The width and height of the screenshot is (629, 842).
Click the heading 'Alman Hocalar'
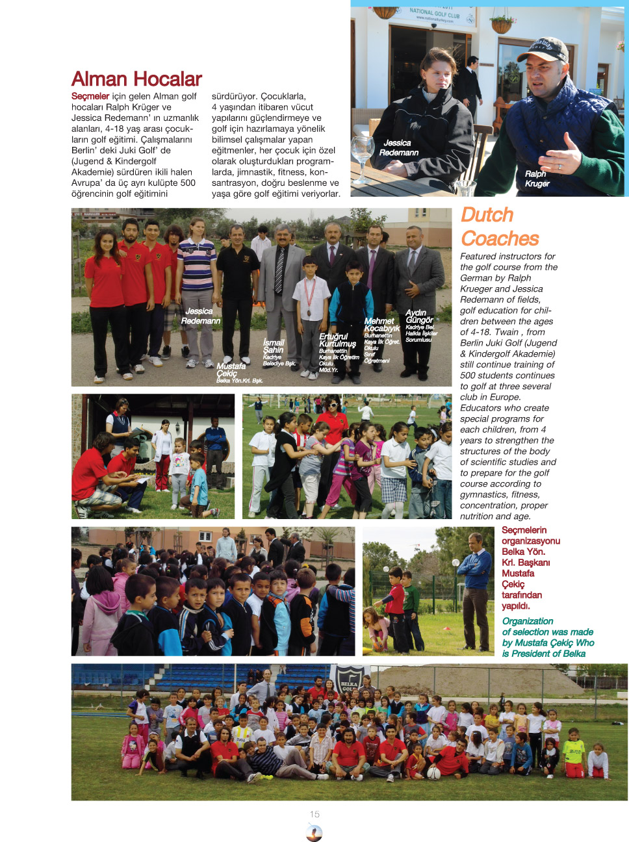[x=136, y=79]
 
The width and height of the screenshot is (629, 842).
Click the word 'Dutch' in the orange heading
[x=487, y=215]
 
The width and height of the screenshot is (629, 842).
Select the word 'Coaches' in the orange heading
[x=500, y=238]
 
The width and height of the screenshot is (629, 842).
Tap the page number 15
[x=314, y=814]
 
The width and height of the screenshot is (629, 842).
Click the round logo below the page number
[x=314, y=832]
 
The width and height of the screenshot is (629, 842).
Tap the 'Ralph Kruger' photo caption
[x=537, y=179]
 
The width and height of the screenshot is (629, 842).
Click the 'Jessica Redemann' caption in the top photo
[x=398, y=147]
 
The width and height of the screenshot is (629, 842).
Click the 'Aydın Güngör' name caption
[x=419, y=316]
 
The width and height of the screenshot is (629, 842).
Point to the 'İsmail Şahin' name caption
[x=274, y=346]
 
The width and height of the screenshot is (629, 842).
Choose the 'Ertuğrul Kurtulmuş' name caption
[x=337, y=340]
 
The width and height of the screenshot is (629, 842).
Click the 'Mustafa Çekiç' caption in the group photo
[x=231, y=370]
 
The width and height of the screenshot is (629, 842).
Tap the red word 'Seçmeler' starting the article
[x=90, y=96]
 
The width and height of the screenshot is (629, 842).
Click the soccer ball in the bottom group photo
[x=433, y=772]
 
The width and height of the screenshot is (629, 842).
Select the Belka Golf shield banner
[x=349, y=680]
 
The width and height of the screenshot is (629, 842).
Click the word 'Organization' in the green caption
[x=527, y=621]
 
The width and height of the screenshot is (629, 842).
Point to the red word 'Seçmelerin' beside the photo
[x=524, y=530]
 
